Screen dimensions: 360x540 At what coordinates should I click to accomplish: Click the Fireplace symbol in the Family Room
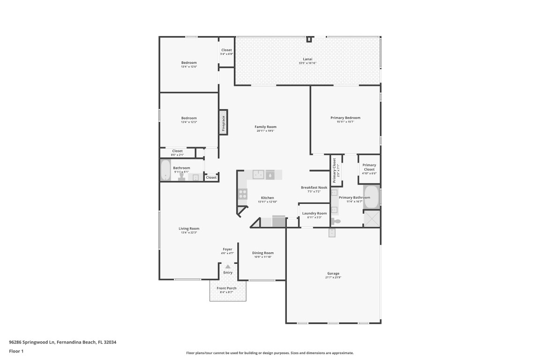point(224,123)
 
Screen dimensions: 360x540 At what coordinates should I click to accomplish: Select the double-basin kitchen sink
point(259,174)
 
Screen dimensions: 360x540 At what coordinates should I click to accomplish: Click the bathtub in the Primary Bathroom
point(372,197)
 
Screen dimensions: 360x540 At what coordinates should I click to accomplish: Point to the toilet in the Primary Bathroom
point(337,221)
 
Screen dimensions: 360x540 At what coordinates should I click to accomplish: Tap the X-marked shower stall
point(372,218)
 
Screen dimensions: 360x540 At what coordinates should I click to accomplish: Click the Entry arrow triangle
point(228,266)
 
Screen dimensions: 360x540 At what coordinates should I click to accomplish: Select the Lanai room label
point(307,59)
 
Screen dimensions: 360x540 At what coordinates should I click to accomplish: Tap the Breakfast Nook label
point(314,187)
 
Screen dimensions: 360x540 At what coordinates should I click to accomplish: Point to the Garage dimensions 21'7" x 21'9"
point(333,277)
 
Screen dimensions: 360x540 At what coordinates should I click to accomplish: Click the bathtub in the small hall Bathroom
point(165,171)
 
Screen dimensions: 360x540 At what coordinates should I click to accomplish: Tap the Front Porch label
point(226,288)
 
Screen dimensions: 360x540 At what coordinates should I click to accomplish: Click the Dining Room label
point(263,253)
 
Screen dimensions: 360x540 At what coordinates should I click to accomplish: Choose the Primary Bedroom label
point(345,118)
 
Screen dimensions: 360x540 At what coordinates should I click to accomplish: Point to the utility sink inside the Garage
point(332,232)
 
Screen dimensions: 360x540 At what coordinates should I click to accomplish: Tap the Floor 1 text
point(16,351)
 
